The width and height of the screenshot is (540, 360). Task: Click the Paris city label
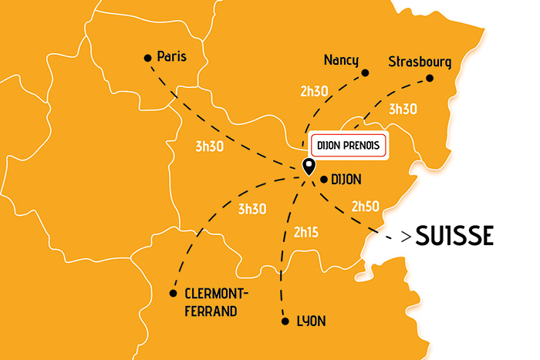pos(172,56)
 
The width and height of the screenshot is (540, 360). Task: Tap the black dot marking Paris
pos(147,57)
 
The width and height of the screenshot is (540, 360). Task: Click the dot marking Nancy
pos(365,73)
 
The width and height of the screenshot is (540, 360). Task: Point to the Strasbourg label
pos(420,61)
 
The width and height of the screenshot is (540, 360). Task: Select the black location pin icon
pos(309,165)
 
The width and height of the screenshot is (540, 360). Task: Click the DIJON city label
pos(346,180)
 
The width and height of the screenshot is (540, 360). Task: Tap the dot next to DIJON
pos(323,180)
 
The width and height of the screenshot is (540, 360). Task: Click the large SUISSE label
pos(454,236)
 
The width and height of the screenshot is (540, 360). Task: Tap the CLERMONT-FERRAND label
pos(218,302)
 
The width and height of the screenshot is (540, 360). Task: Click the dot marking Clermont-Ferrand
pos(174,292)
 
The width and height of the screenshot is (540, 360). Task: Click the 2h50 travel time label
pos(366,206)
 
